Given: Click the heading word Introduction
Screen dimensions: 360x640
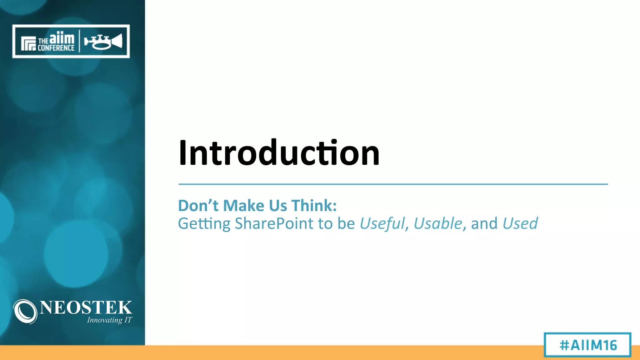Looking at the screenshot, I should pos(279,153).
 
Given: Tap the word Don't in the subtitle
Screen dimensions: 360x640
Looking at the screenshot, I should pos(198,206).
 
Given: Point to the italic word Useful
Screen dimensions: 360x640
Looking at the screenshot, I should pos(382,224).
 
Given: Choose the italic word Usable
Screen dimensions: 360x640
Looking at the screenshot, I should pos(438,224).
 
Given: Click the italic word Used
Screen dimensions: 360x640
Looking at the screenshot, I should pos(520,224).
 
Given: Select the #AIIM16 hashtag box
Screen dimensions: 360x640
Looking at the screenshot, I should pos(587,345).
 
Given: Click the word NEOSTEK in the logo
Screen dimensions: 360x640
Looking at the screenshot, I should pos(86,307).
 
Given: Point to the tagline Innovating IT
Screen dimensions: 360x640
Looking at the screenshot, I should pos(109,320).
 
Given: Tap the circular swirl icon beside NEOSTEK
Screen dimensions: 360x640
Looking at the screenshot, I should pos(25,312).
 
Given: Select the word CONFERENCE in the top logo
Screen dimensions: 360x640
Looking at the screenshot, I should pos(56,48).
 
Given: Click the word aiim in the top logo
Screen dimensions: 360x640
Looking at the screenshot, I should pos(62,38).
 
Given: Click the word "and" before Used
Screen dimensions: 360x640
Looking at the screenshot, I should pos(484,224).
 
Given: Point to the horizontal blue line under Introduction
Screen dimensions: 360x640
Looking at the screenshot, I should pos(393,184).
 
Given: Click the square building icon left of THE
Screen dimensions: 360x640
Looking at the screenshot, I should pos(28,43).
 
